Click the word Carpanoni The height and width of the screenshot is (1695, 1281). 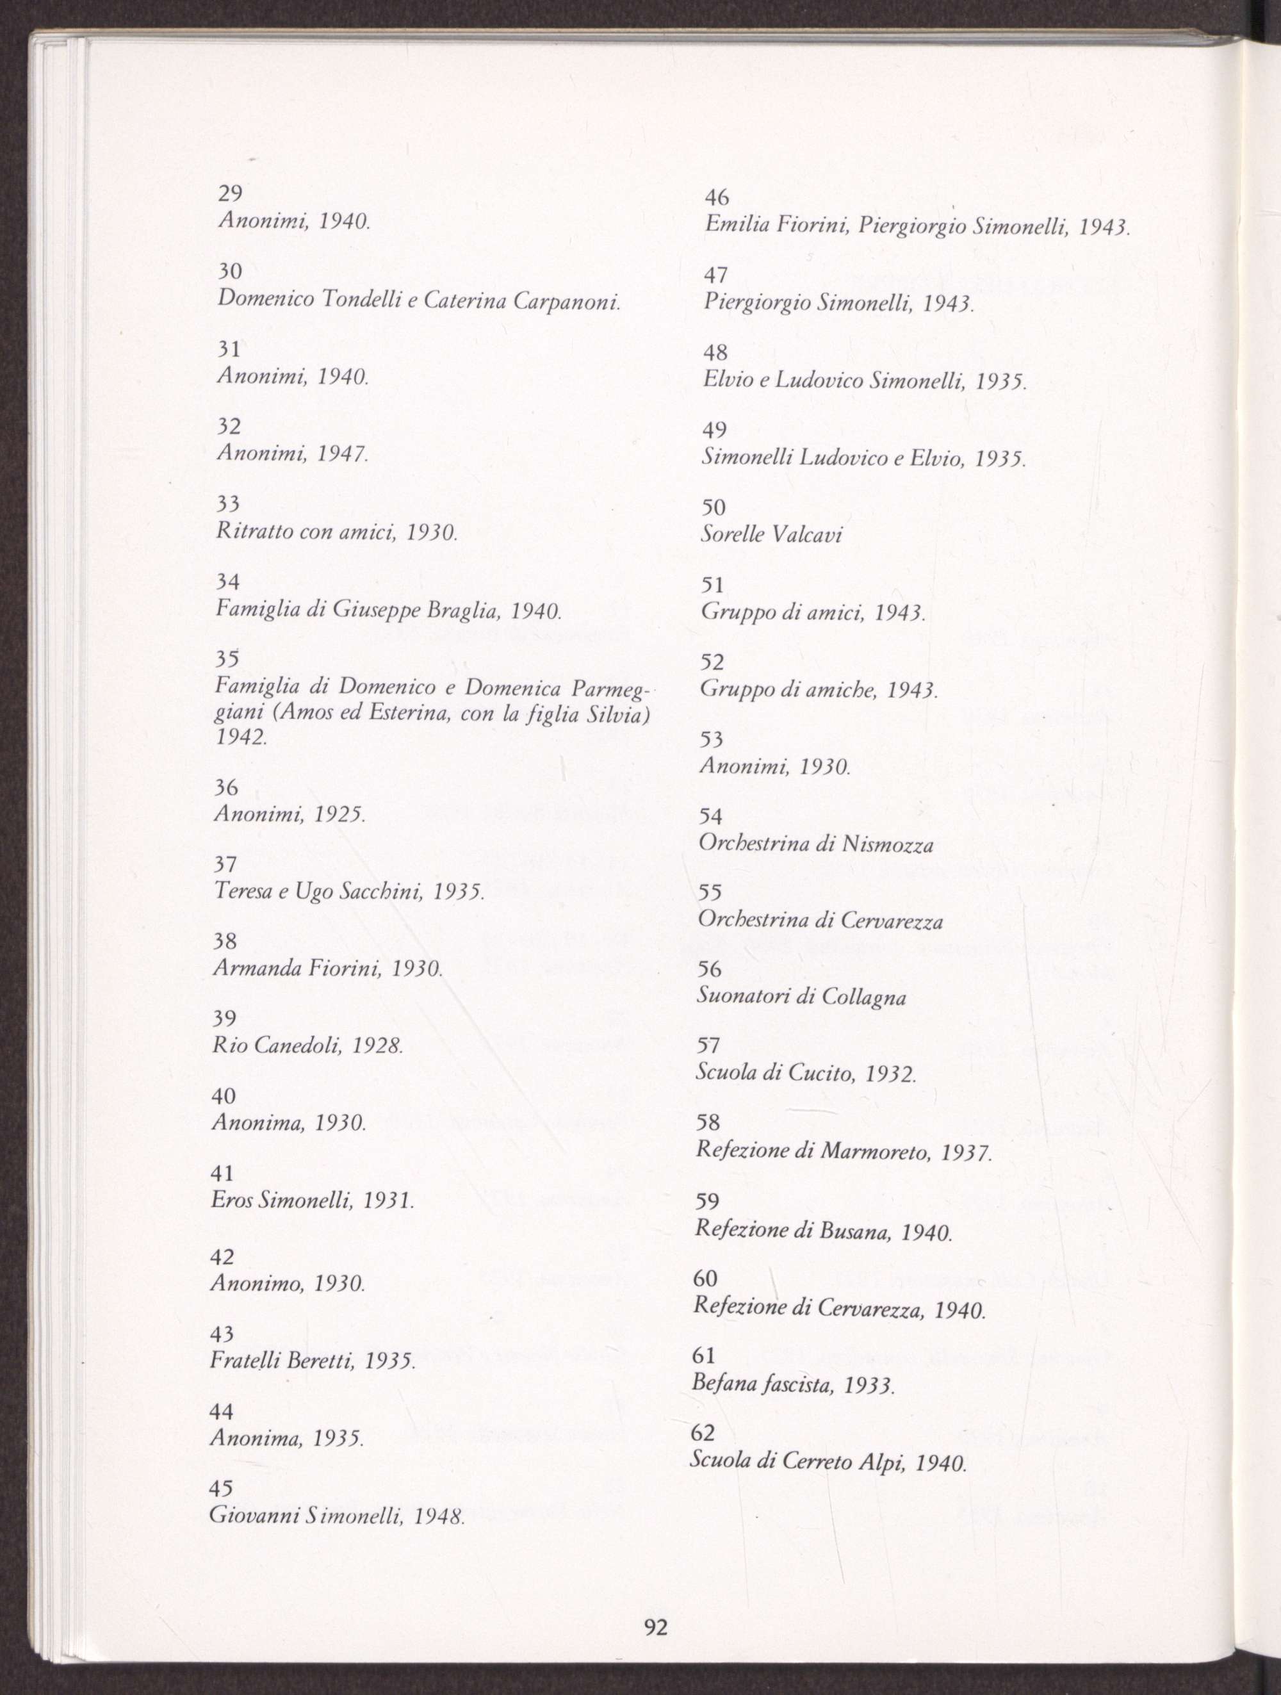566,301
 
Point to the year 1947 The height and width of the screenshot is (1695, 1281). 343,454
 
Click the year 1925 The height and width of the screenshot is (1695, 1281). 339,815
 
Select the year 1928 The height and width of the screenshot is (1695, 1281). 376,1046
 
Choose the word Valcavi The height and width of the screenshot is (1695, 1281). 808,535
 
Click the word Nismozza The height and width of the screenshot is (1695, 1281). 887,844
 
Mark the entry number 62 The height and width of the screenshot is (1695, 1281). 703,1432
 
